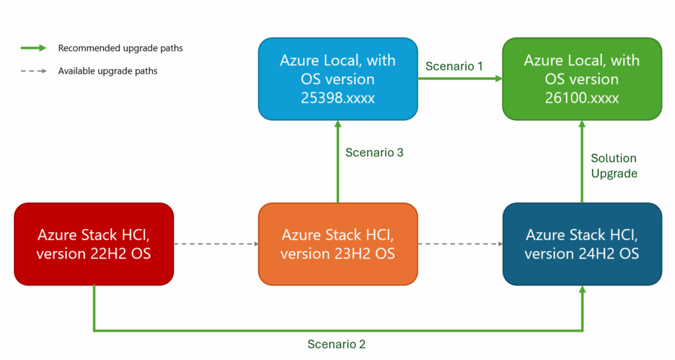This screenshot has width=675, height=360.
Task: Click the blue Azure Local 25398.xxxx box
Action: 338,79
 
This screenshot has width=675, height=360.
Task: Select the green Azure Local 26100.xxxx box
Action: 582,79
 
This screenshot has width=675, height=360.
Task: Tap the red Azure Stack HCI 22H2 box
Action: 94,244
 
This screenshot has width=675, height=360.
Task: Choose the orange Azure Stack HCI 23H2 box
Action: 338,244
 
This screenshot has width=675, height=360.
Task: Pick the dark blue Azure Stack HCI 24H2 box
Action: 582,244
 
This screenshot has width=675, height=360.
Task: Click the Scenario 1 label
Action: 454,67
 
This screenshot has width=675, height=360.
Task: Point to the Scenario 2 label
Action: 336,344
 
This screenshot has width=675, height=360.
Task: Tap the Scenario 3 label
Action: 374,152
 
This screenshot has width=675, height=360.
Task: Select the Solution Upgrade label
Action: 614,165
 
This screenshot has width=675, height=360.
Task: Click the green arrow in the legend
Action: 34,47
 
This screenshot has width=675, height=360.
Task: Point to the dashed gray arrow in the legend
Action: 34,71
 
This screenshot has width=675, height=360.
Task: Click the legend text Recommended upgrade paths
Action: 121,48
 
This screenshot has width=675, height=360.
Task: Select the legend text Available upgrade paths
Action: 107,71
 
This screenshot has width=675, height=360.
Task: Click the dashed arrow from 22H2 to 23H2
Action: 216,244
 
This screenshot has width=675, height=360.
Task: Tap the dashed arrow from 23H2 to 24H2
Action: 460,244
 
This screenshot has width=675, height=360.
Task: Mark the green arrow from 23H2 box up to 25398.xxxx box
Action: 338,162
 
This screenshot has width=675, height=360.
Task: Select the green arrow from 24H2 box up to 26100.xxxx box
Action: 582,162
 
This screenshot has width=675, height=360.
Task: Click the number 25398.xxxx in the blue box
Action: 337,98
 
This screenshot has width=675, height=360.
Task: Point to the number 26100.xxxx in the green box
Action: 581,98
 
